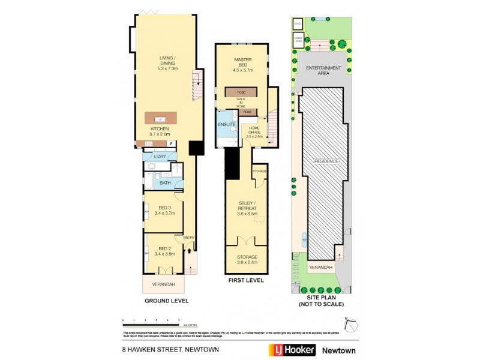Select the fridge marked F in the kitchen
[x=172, y=143]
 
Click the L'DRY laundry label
[x=160, y=157]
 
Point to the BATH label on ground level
[x=164, y=182]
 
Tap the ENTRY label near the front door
[x=189, y=236]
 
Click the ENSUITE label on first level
[x=226, y=124]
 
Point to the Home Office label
[x=255, y=129]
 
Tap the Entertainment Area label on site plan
[x=324, y=70]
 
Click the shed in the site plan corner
[x=297, y=24]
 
